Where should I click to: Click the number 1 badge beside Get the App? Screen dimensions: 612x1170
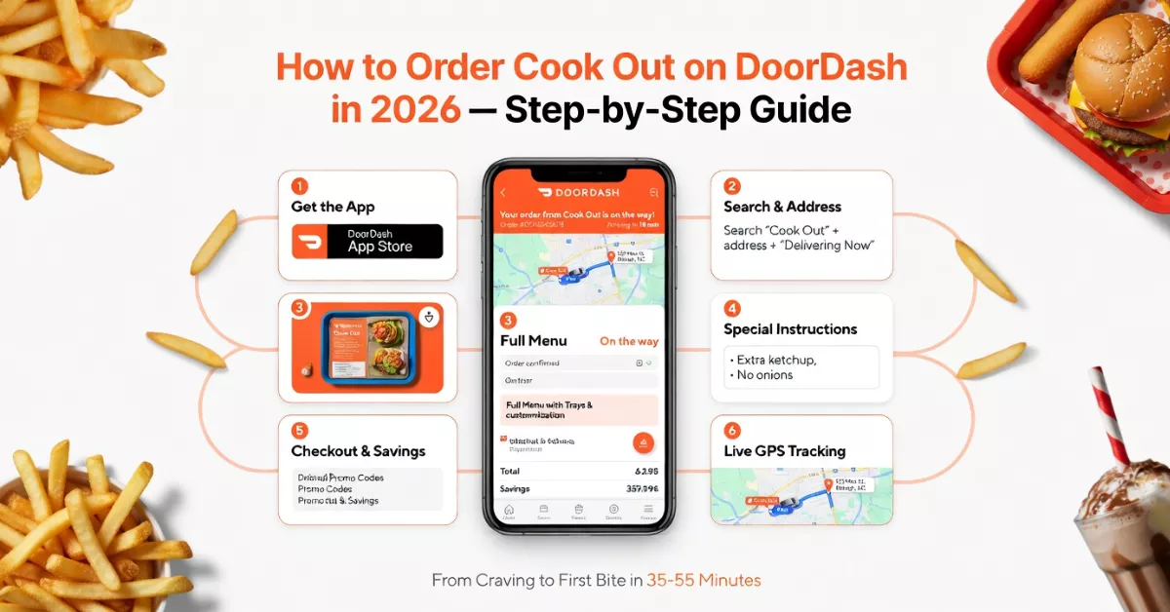coord(300,186)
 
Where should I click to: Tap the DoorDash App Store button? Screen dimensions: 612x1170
coord(368,242)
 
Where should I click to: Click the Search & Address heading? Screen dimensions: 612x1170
coord(782,207)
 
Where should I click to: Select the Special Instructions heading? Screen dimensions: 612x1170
coord(790,329)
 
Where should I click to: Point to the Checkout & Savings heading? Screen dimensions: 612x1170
coord(358,451)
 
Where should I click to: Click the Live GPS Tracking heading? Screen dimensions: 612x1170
coord(784,451)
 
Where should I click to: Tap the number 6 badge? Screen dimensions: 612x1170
coord(732,430)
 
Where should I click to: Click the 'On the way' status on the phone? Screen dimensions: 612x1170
coord(629,341)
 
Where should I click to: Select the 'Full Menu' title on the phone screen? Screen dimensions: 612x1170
coord(533,341)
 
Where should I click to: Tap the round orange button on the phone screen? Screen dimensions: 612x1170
coord(643,441)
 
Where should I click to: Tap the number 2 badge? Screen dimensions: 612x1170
coord(732,186)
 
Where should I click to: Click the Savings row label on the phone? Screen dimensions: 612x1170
coord(514,489)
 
